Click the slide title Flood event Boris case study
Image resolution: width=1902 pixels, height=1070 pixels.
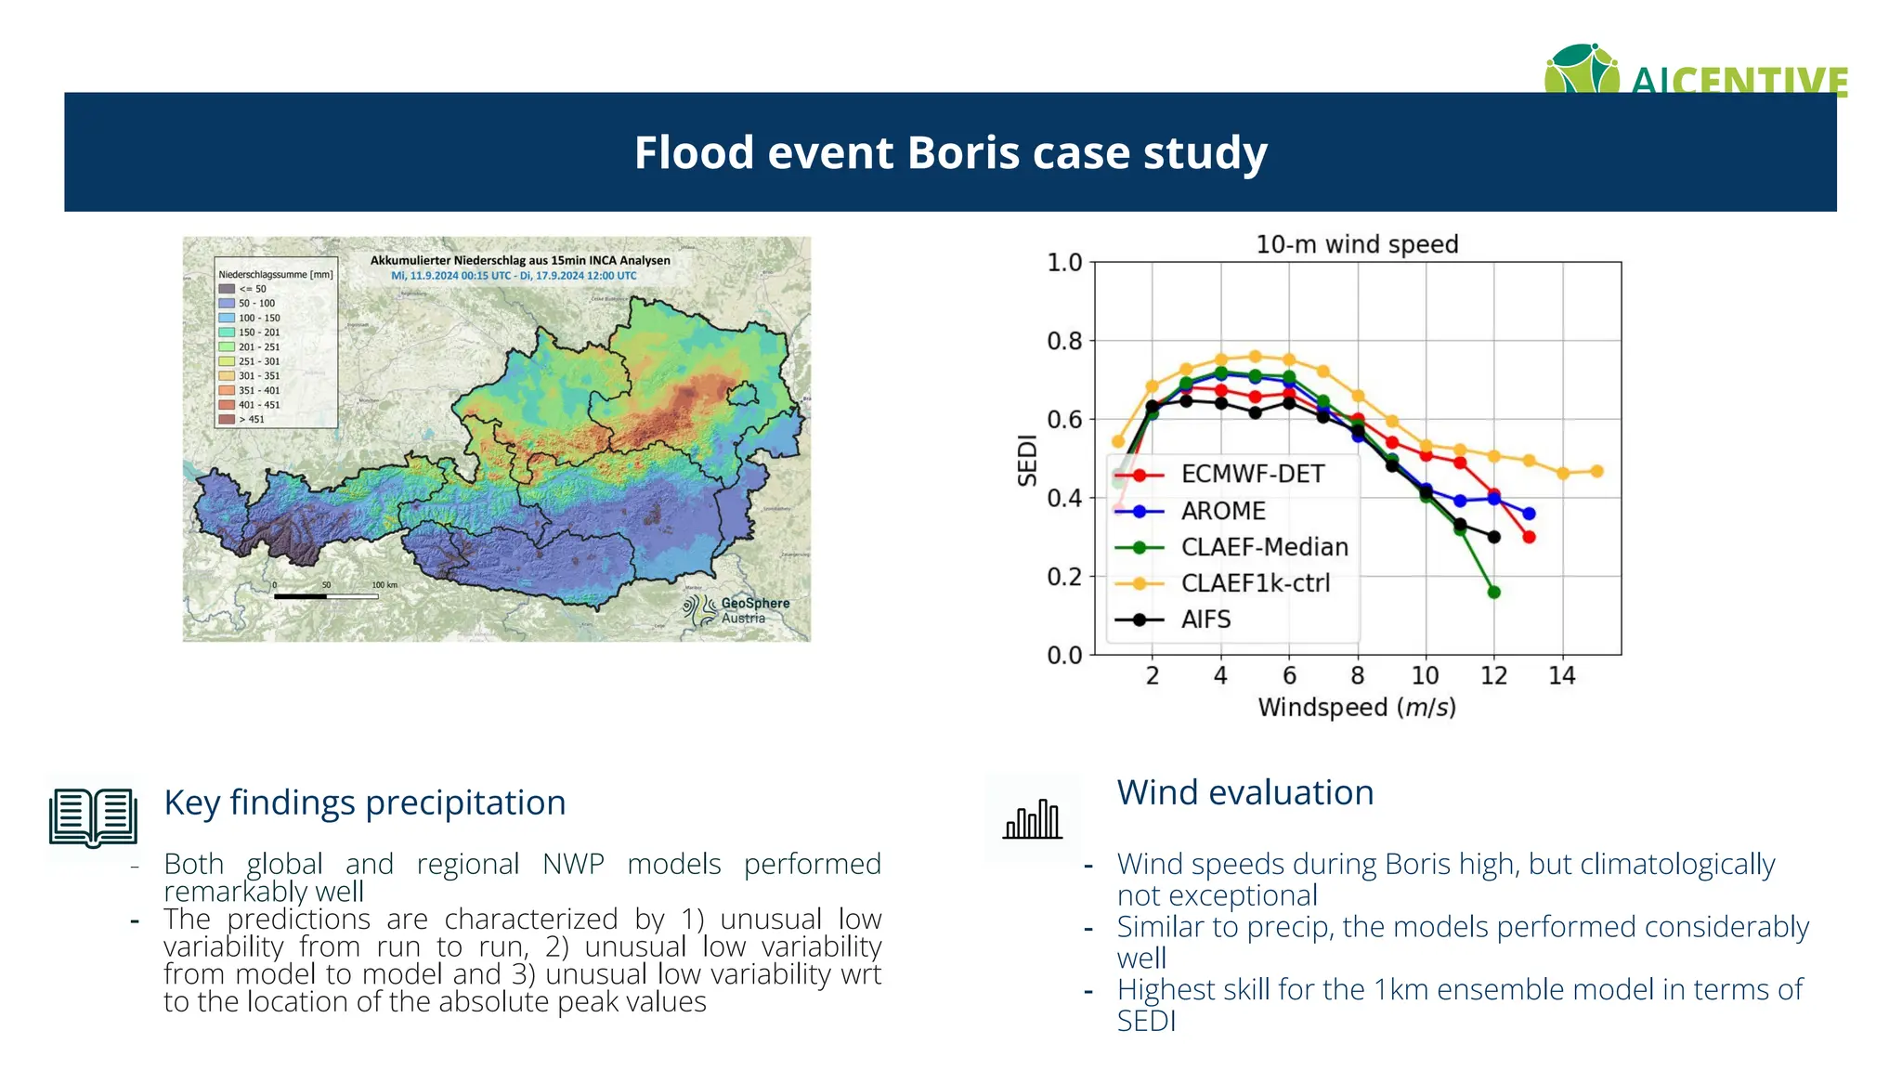click(950, 152)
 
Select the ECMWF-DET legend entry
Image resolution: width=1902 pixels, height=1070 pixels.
click(1251, 474)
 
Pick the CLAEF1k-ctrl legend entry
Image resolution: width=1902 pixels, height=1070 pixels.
click(1255, 583)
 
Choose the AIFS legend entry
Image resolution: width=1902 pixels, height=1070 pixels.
click(1205, 620)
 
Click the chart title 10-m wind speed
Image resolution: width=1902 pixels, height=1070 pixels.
click(1357, 244)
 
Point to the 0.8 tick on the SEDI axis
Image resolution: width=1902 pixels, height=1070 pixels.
click(1064, 341)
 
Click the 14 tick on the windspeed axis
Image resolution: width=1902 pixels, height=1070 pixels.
click(1562, 676)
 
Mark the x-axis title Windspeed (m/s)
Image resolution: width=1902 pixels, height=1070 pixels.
click(1357, 708)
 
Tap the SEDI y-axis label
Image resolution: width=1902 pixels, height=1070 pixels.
click(1026, 460)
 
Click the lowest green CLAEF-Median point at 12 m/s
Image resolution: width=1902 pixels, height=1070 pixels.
click(1494, 592)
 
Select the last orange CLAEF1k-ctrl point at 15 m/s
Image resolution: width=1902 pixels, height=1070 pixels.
click(1597, 471)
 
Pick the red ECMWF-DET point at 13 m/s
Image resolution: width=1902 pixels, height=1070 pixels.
click(1530, 537)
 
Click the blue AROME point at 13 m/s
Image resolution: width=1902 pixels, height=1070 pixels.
click(1530, 514)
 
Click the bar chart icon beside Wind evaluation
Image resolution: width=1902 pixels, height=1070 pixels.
click(1032, 819)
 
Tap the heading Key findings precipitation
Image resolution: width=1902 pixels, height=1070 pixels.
click(364, 802)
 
